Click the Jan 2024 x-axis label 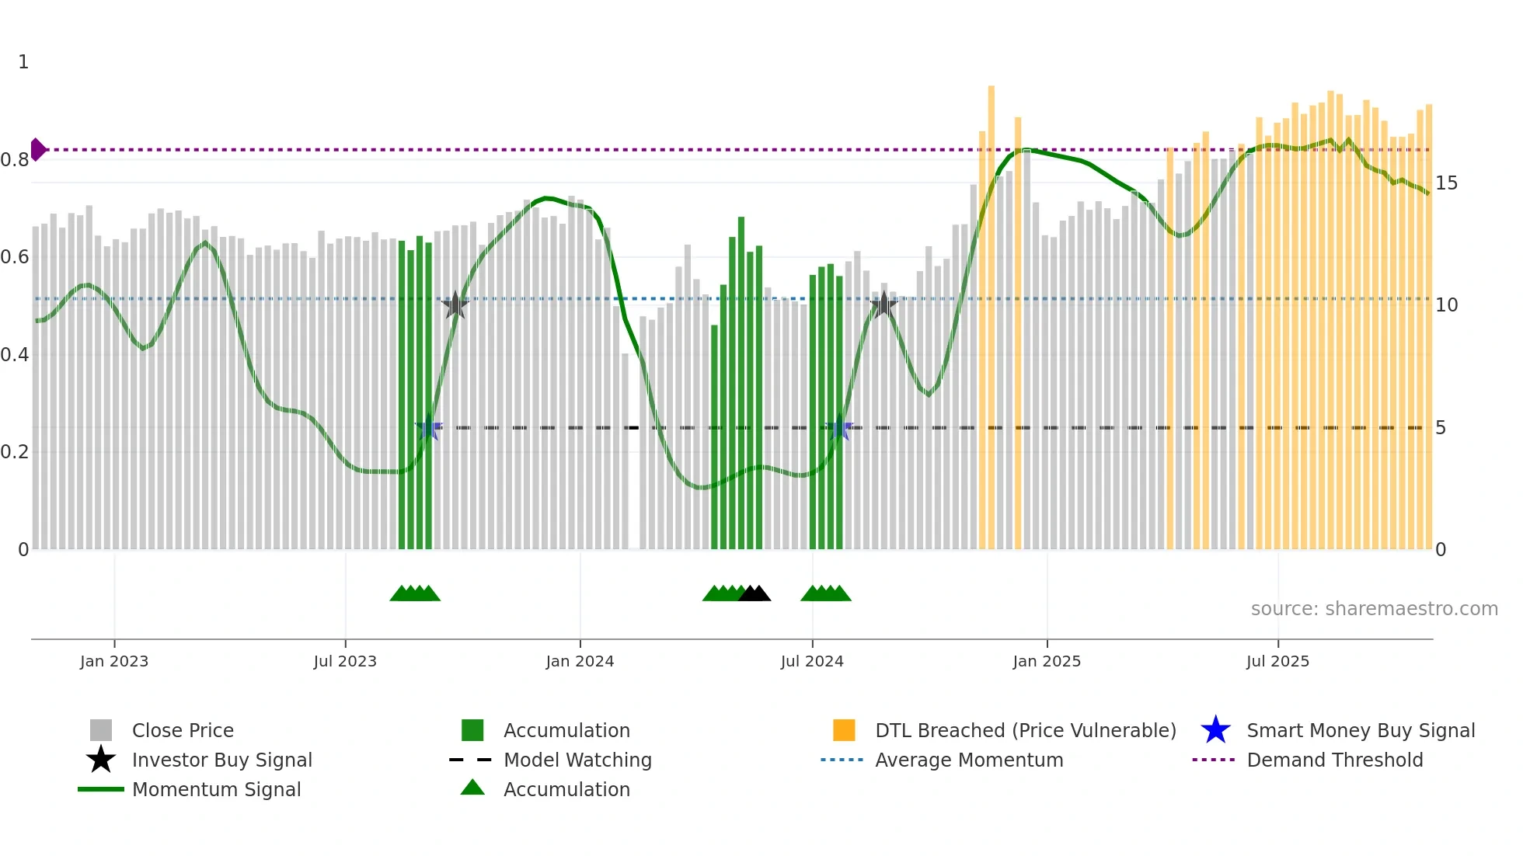coord(580,661)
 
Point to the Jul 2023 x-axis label coord(345,661)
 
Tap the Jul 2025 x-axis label coord(1277,661)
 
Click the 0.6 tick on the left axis coord(15,257)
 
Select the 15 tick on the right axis coord(1446,183)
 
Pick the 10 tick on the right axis coord(1446,305)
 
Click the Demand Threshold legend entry coord(1334,760)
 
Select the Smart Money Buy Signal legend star coord(1215,730)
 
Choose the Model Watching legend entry coord(577,760)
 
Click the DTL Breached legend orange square coord(844,730)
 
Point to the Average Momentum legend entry coord(968,760)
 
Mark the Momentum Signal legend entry coord(216,789)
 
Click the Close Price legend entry coord(182,730)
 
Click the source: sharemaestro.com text coord(1374,609)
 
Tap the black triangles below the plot coord(754,594)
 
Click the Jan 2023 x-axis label coord(114,661)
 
